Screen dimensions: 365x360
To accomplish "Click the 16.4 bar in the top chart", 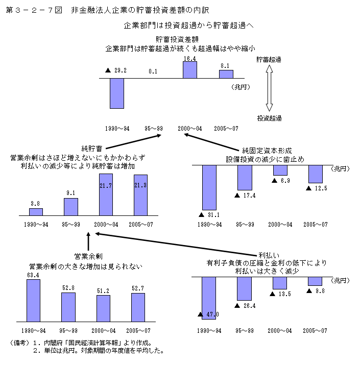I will click(190, 70).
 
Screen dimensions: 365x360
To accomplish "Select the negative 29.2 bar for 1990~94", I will click(117, 93).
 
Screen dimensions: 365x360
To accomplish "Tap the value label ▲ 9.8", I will click(316, 291).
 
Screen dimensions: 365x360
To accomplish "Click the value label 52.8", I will click(68, 288).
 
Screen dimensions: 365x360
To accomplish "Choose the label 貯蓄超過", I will click(270, 60).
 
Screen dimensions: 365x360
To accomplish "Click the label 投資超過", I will click(270, 118).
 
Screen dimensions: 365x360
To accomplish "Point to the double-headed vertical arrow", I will click(270, 89).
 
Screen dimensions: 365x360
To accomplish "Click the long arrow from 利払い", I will click(174, 244).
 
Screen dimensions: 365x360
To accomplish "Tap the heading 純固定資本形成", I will click(267, 151).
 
